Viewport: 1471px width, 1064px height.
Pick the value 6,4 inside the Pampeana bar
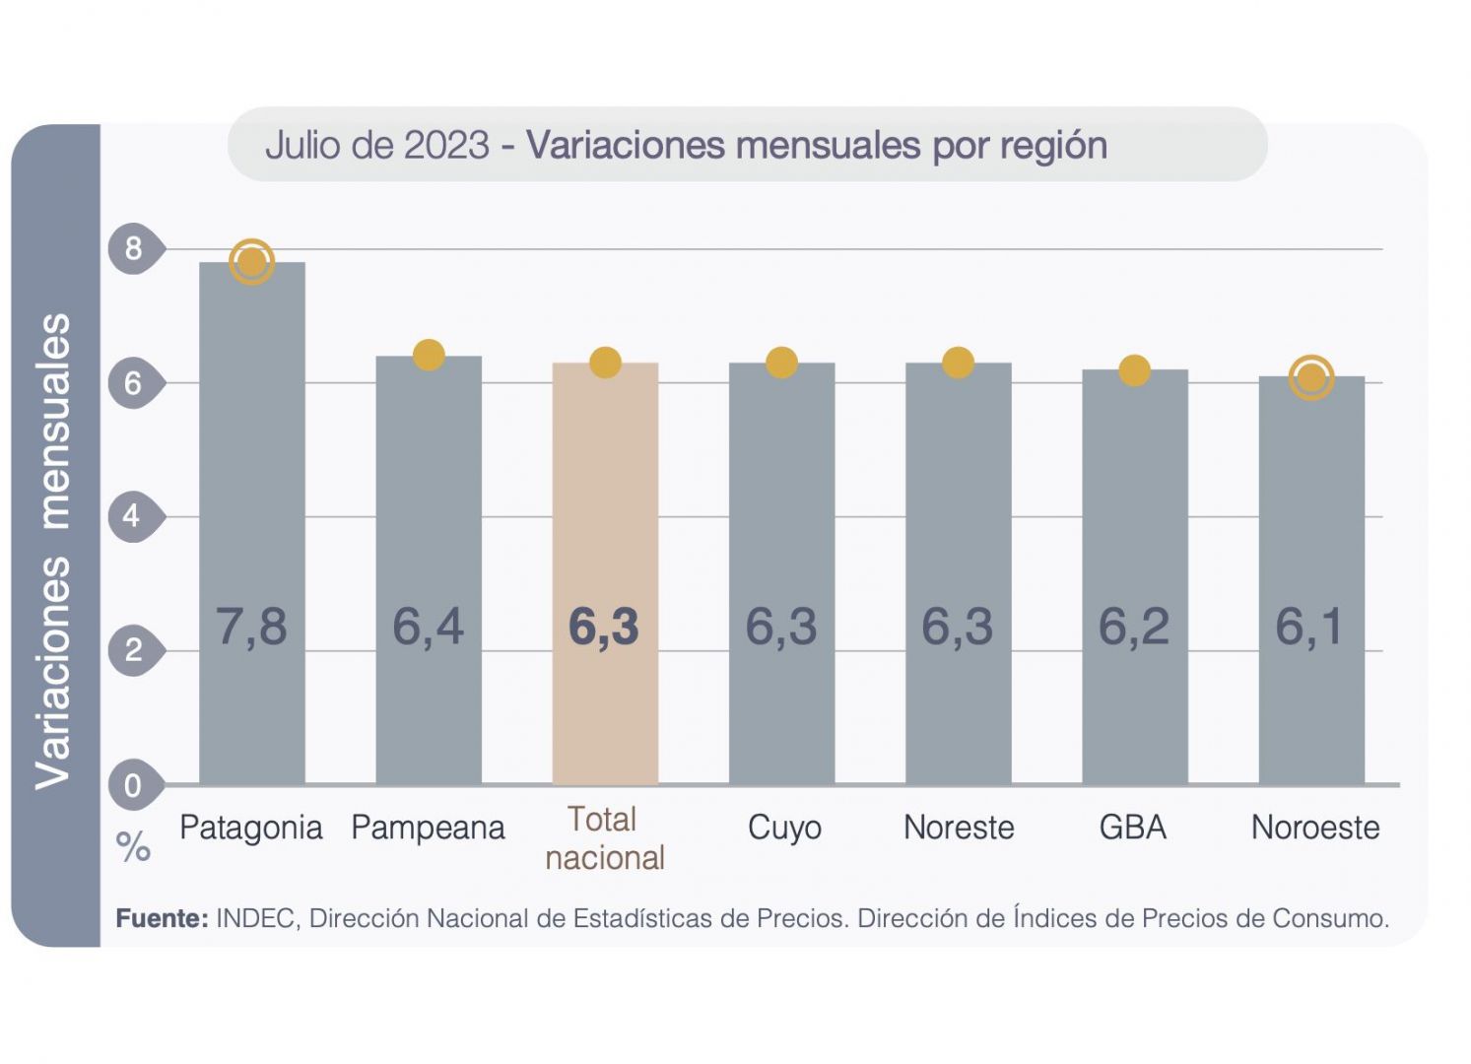click(x=428, y=626)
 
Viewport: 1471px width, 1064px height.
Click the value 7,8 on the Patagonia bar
click(x=251, y=626)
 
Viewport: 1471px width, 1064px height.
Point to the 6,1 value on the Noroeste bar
click(x=1310, y=626)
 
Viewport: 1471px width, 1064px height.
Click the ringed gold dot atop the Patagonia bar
click(x=251, y=262)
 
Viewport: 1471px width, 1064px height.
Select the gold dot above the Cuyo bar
click(x=781, y=363)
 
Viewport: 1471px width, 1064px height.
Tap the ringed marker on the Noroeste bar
click(x=1311, y=377)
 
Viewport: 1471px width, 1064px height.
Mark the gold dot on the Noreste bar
click(x=958, y=363)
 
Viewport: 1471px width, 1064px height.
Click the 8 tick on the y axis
click(x=133, y=248)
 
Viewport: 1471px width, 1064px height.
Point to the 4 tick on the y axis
click(x=132, y=515)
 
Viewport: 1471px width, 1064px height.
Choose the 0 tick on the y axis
click(x=133, y=785)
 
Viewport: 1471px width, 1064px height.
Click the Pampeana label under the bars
click(x=428, y=828)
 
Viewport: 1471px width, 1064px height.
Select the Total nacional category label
click(x=604, y=838)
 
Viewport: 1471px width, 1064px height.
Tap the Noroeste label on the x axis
click(x=1315, y=828)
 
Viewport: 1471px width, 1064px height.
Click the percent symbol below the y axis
click(x=133, y=847)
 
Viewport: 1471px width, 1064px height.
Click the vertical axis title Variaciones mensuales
click(x=54, y=552)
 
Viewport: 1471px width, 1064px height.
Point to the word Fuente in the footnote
click(x=162, y=918)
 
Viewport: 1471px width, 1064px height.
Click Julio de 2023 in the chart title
click(x=377, y=145)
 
